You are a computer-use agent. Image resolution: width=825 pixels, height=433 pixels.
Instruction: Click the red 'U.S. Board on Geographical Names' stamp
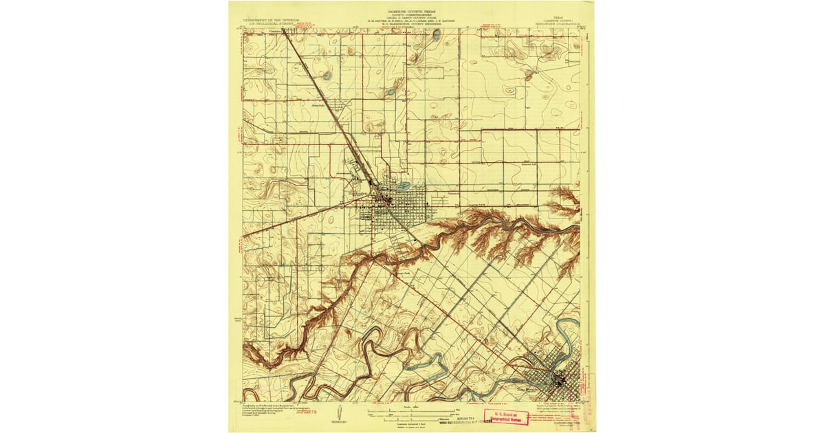tap(508, 416)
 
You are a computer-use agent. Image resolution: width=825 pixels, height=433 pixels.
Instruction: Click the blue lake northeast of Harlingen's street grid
tap(402, 186)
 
